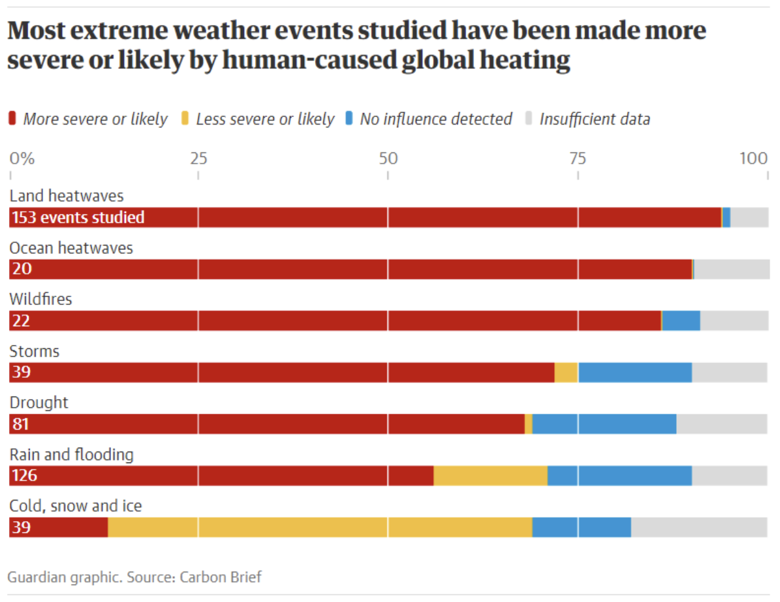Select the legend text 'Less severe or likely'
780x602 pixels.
(265, 119)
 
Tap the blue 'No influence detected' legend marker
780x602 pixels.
(349, 119)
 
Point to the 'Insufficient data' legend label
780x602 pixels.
(595, 119)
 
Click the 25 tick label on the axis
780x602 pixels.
(198, 158)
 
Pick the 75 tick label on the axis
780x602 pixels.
(577, 158)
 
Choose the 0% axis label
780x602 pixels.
(21, 158)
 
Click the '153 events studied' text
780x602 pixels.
(78, 218)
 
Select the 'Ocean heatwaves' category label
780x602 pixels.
(71, 247)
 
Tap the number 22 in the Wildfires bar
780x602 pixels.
(21, 321)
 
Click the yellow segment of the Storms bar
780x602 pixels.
(566, 372)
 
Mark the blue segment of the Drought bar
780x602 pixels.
(604, 424)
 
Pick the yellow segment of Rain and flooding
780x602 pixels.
(490, 475)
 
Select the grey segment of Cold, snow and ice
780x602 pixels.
(699, 527)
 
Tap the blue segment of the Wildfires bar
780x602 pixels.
(681, 321)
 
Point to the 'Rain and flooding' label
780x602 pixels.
(72, 455)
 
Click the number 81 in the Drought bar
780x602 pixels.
(21, 424)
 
